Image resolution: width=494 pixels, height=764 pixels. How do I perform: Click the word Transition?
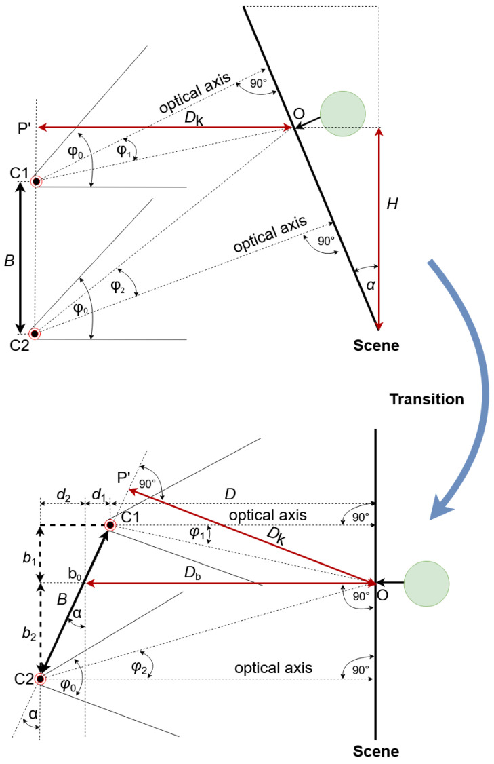(x=426, y=400)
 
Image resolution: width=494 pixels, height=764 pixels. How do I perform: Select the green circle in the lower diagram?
(x=426, y=583)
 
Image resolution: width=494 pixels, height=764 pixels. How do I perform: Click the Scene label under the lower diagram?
(x=376, y=751)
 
